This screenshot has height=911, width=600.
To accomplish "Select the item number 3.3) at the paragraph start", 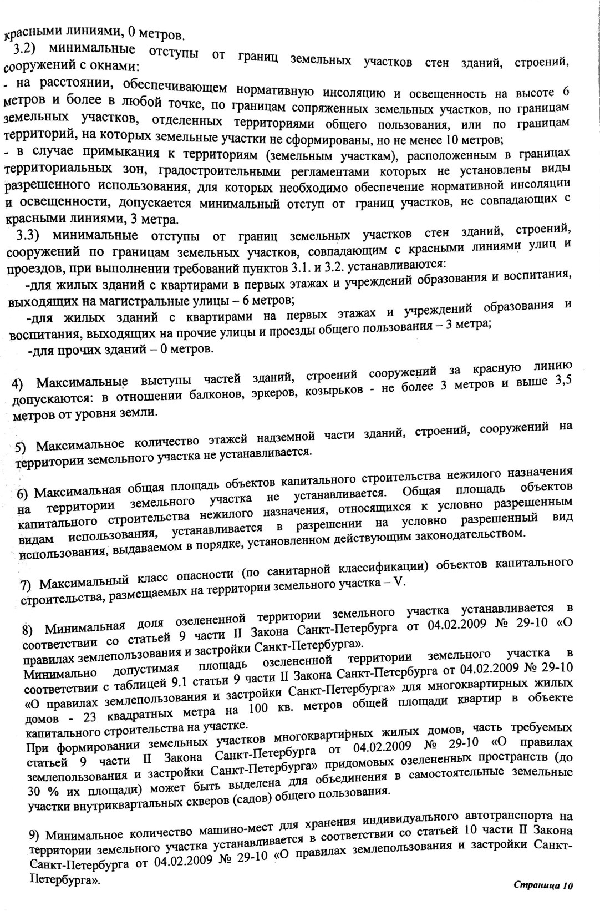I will [x=27, y=236].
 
